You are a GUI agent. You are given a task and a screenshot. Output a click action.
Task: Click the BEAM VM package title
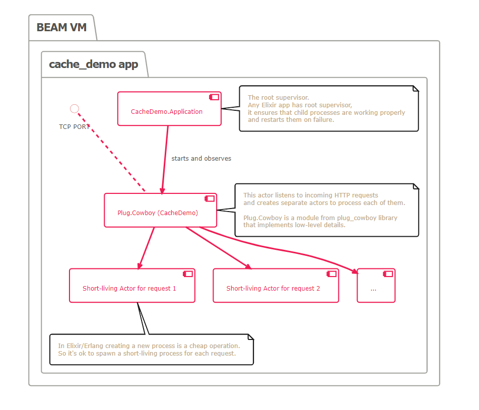[61, 27]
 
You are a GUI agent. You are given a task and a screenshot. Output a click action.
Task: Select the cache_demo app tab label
[93, 64]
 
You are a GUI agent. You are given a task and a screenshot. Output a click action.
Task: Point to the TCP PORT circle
[75, 108]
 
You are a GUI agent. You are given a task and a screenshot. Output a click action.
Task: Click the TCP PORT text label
[74, 126]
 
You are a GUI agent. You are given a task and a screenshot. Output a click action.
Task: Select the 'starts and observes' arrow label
[201, 158]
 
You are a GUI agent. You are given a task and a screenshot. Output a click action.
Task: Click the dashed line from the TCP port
[111, 151]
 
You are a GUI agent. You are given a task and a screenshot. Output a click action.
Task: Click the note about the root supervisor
[328, 109]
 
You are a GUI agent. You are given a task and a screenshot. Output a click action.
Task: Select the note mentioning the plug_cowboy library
[326, 210]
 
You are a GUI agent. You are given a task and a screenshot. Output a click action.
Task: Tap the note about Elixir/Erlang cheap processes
[151, 350]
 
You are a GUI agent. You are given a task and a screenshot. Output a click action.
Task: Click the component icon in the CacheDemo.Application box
[214, 97]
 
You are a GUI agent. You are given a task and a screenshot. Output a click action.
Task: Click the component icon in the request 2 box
[331, 274]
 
